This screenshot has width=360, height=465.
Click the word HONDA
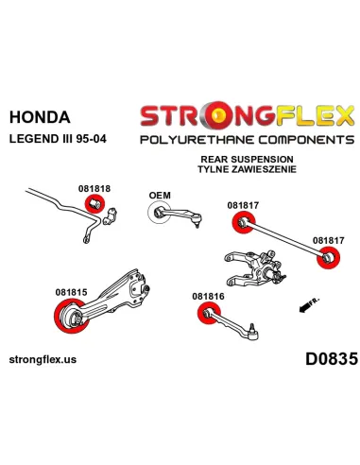[x=40, y=117]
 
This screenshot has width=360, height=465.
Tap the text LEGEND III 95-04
[x=58, y=139]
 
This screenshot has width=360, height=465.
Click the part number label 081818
[x=94, y=188]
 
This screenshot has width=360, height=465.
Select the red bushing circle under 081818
[x=94, y=204]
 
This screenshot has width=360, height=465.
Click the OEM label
[x=160, y=196]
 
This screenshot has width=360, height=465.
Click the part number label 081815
[x=71, y=292]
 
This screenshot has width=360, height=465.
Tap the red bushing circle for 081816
[x=210, y=313]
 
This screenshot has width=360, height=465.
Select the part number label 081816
[x=208, y=296]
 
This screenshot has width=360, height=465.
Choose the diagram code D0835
[x=332, y=358]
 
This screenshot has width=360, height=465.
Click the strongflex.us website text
[x=43, y=359]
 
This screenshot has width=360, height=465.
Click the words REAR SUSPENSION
[x=247, y=159]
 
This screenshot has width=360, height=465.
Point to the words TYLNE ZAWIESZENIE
[x=247, y=169]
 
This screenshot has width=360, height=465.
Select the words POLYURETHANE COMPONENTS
[x=248, y=140]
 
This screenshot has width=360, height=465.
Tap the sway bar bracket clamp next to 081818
[x=111, y=216]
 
